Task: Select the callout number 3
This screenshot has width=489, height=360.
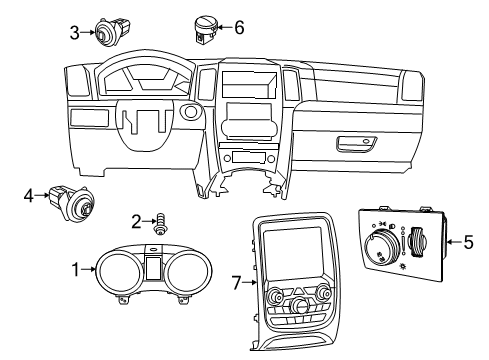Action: pyautogui.click(x=74, y=32)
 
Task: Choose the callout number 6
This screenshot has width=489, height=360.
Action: pyautogui.click(x=238, y=27)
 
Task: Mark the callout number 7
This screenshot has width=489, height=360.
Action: pyautogui.click(x=235, y=285)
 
